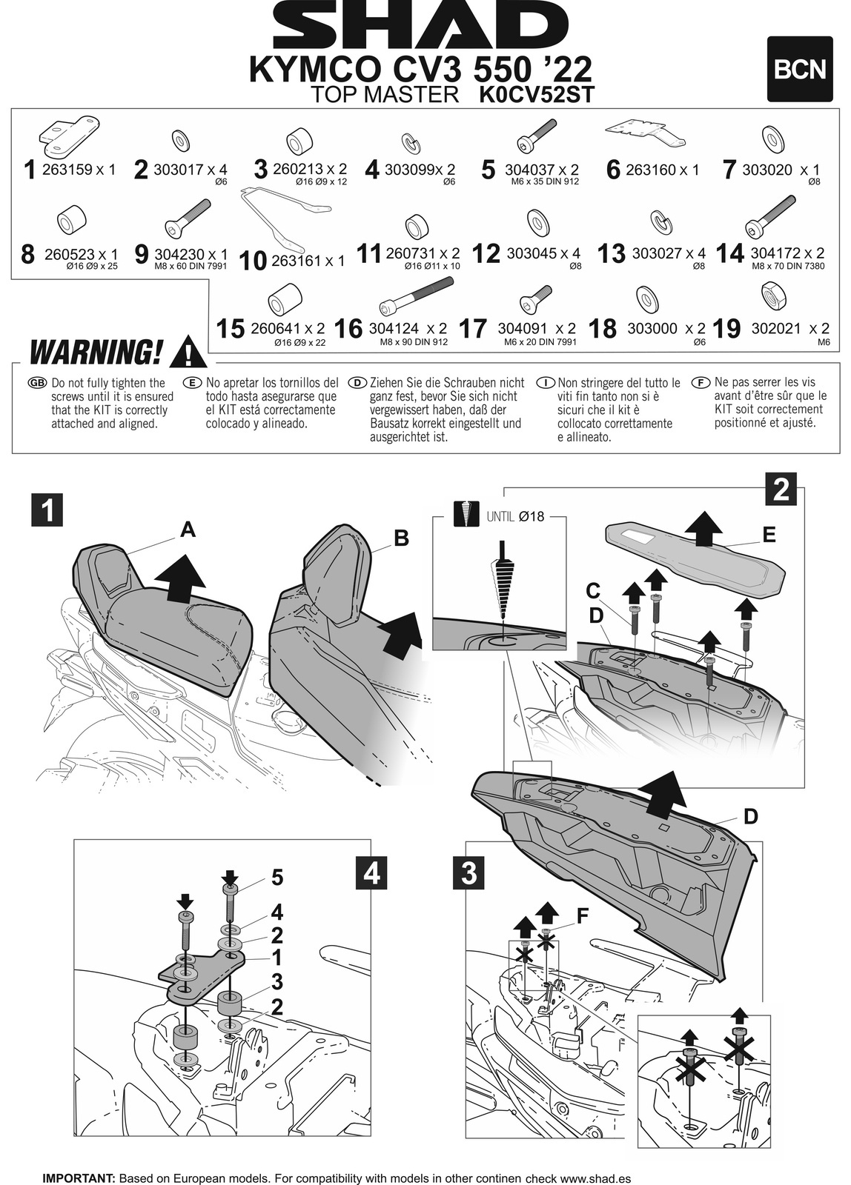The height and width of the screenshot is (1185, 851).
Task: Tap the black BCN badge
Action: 799,69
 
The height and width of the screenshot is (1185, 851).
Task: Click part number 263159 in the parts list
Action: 67,170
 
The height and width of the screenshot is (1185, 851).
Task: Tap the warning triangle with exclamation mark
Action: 188,352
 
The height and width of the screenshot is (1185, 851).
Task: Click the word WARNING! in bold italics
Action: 94,353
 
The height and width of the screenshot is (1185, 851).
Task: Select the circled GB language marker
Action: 36,383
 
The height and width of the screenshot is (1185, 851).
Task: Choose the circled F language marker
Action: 700,382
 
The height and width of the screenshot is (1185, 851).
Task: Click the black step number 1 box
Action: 48,510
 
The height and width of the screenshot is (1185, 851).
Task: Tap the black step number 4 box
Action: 371,873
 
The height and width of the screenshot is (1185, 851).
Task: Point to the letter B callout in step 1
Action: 401,539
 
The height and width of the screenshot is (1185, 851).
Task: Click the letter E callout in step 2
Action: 769,534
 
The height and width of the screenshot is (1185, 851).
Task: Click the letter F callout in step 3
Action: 583,916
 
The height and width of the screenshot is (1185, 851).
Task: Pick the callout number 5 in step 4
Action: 277,878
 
